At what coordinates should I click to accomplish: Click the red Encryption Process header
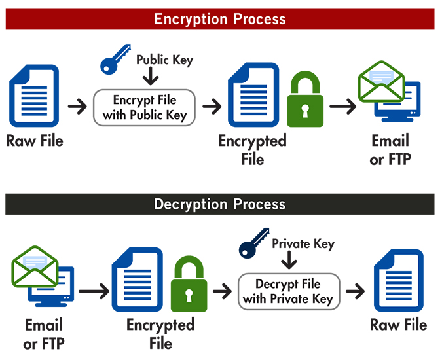[x=220, y=18]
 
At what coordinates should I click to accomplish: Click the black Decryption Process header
[x=220, y=204]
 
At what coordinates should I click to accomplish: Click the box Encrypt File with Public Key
[x=145, y=108]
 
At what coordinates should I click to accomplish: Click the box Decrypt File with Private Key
[x=288, y=292]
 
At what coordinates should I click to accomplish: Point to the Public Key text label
[x=164, y=60]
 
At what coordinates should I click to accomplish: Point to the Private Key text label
[x=303, y=244]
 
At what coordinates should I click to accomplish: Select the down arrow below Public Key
[x=150, y=78]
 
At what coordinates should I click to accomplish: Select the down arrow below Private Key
[x=289, y=261]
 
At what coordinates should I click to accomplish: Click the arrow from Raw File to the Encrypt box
[x=77, y=107]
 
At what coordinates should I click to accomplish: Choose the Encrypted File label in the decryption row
[x=160, y=334]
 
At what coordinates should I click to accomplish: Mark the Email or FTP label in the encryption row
[x=390, y=150]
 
